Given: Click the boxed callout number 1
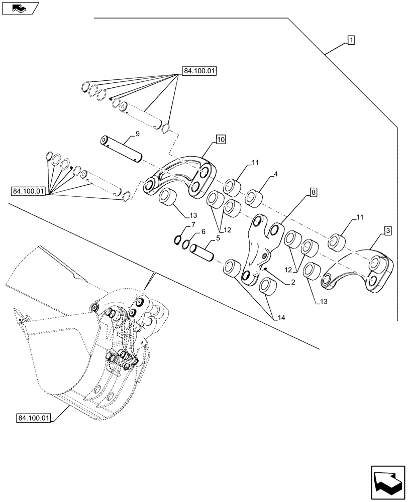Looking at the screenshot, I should tap(351, 40).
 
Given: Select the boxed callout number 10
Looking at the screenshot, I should tap(221, 139).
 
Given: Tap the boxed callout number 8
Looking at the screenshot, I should tap(313, 192).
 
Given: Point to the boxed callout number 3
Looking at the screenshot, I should tap(388, 230).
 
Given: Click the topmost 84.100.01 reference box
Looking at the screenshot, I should tap(199, 71).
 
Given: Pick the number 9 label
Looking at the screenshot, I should tap(137, 134).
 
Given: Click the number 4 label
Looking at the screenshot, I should tap(275, 175).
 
